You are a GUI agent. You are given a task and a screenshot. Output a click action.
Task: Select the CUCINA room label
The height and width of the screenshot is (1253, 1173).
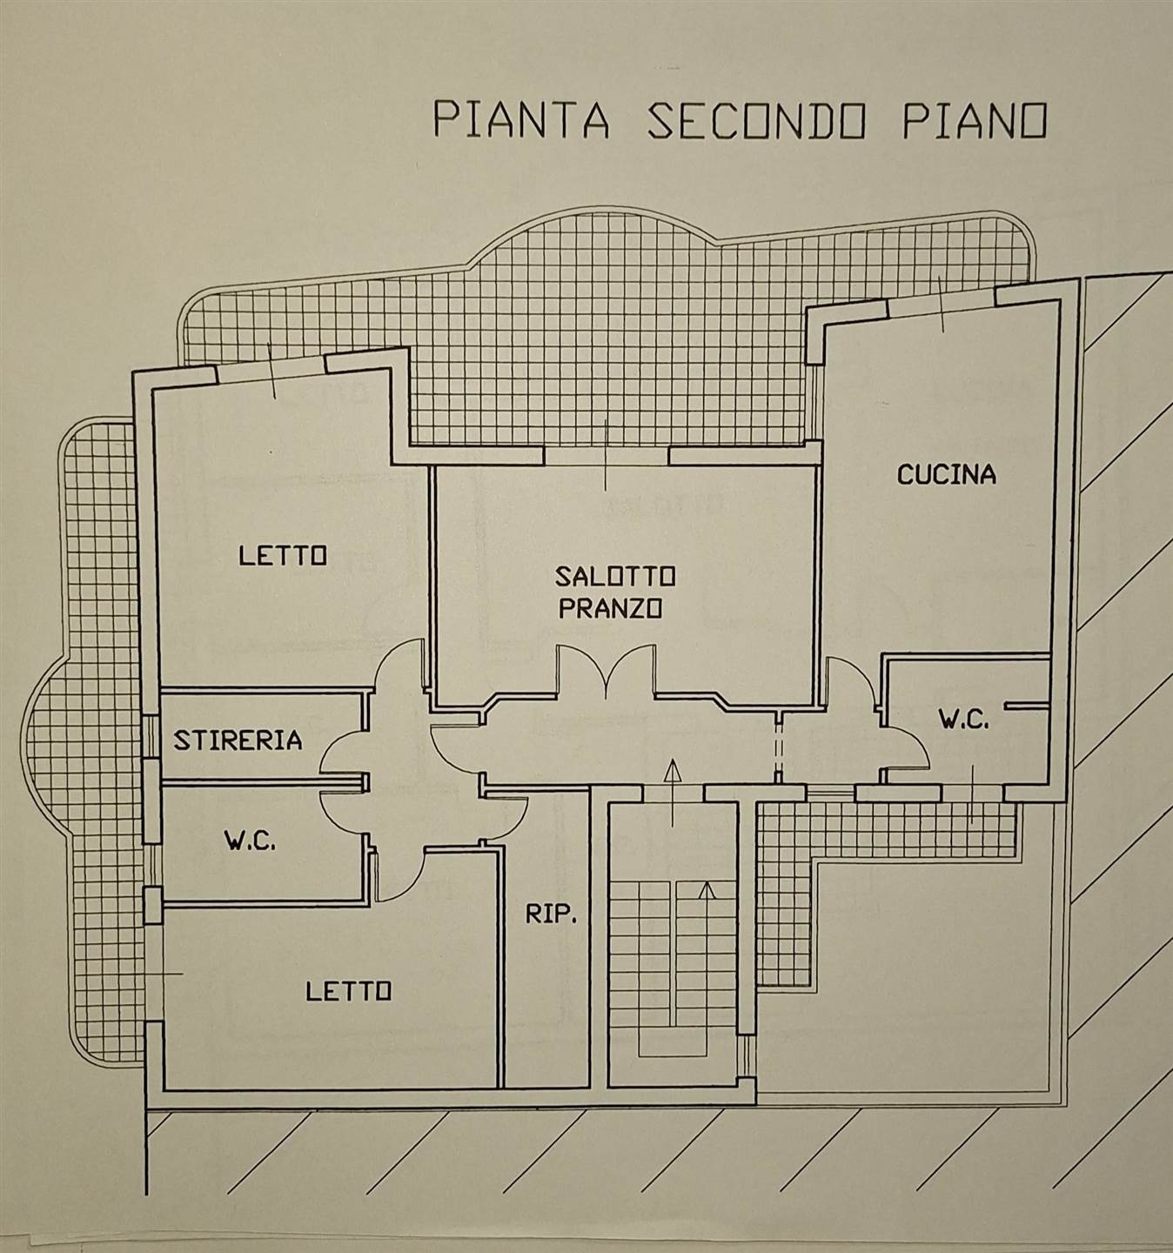(947, 474)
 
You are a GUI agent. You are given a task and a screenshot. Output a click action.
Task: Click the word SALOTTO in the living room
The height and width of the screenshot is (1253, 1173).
(615, 575)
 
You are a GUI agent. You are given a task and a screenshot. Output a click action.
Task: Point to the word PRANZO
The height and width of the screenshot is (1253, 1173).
(611, 608)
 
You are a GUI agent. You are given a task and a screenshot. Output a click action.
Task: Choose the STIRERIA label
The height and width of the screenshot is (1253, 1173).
(238, 740)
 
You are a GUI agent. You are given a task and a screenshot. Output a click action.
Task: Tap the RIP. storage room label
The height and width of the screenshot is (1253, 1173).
(552, 915)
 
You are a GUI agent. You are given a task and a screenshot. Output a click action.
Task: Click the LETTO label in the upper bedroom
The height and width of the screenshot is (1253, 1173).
(283, 556)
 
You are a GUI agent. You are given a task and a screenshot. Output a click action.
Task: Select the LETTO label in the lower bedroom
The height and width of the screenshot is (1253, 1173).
(348, 991)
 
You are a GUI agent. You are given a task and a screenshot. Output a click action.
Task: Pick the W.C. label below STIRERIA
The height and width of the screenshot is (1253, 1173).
(250, 841)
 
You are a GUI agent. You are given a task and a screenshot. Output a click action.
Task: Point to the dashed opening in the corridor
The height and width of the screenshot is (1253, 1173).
(779, 747)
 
